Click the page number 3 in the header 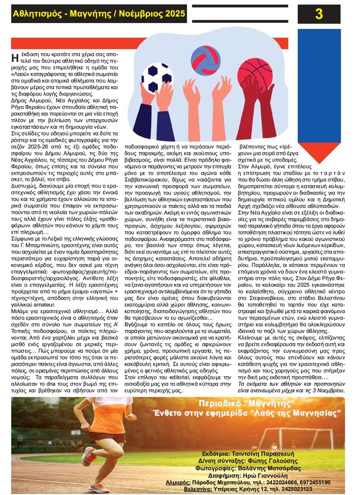click(x=319, y=14)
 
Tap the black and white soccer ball click(x=157, y=77)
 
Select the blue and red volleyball click(x=205, y=60)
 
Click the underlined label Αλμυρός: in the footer click(x=179, y=482)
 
